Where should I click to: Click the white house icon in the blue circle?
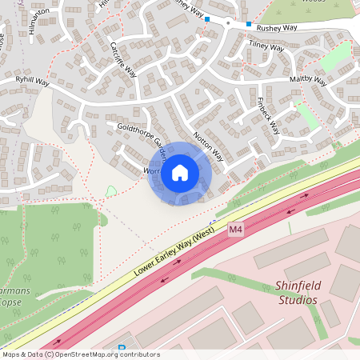(x=180, y=173)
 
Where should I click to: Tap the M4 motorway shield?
(x=235, y=230)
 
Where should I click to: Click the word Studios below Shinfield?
(x=295, y=300)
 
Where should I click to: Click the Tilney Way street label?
(x=267, y=47)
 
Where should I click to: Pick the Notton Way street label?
(x=207, y=146)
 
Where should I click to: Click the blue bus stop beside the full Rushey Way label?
(x=249, y=24)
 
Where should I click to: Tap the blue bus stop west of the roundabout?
(x=207, y=18)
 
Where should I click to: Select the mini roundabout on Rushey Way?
(x=228, y=23)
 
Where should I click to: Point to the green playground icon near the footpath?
(x=111, y=190)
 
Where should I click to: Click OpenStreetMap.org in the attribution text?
(x=89, y=354)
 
